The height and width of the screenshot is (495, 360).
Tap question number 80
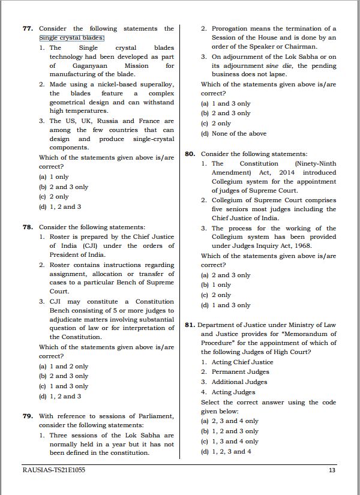[190, 154]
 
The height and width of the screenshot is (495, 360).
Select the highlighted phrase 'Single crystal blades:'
[72, 38]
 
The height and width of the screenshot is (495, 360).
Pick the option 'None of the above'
[234, 133]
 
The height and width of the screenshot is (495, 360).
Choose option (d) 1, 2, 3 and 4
[226, 451]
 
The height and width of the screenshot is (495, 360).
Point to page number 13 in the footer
[332, 470]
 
